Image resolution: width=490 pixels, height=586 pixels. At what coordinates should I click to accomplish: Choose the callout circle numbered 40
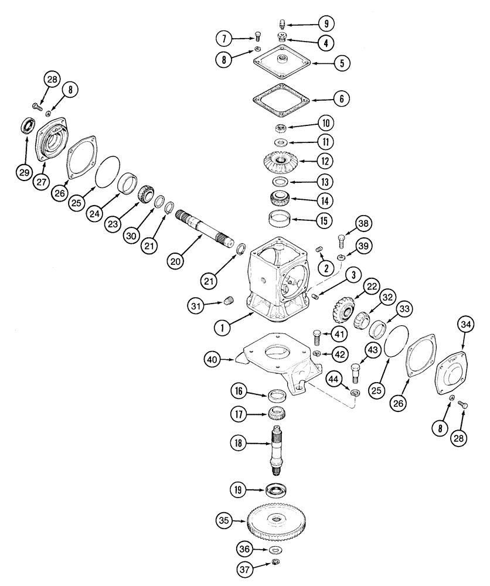point(215,359)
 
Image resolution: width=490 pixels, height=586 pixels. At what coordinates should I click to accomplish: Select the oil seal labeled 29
point(26,125)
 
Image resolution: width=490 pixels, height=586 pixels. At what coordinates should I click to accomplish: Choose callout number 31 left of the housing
point(197,304)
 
